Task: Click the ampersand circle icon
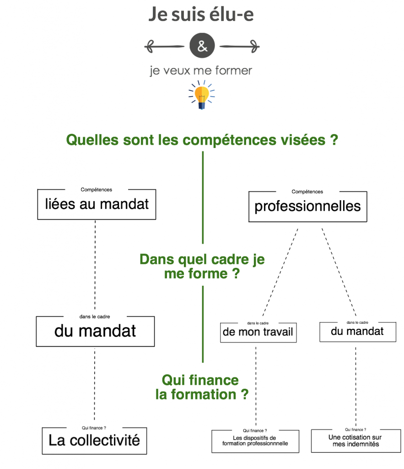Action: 202,46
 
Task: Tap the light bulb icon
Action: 201,95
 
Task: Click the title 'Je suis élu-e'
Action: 201,15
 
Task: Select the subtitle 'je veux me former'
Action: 201,71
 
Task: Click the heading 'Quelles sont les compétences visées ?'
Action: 202,140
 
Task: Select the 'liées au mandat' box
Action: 97,204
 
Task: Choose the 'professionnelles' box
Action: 307,207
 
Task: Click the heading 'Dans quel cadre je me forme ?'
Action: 202,267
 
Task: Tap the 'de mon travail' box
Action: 258,332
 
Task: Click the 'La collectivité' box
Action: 94,441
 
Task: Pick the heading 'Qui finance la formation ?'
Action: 201,387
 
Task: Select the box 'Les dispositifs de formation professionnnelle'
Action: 255,441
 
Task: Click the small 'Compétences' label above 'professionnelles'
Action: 307,192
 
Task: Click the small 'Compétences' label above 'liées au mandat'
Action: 96,190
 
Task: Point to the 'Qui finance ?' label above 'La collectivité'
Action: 94,428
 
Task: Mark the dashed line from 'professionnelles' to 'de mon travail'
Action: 280,270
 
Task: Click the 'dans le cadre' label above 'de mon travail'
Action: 258,322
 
